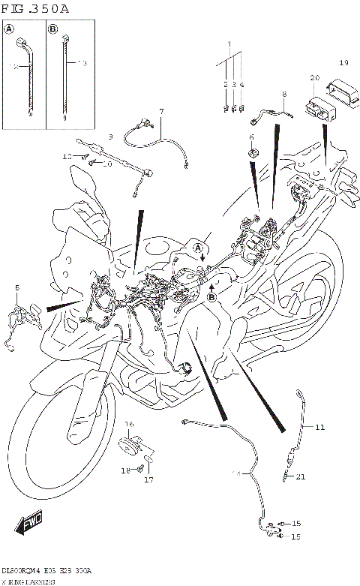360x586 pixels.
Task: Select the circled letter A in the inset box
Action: (10, 30)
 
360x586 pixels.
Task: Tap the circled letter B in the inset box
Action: (53, 30)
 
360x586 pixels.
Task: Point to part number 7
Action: (160, 112)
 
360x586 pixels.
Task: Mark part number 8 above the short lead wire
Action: (284, 95)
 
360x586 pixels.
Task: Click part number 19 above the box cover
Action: (343, 62)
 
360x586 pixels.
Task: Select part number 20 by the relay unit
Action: (314, 77)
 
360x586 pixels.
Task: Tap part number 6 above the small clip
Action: (251, 137)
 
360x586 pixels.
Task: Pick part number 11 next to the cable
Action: (320, 428)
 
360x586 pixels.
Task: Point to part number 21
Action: (301, 476)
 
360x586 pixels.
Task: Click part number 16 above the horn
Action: (129, 424)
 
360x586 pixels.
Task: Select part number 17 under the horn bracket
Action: (148, 479)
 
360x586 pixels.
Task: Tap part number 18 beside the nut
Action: (126, 470)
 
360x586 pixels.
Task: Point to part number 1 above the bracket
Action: (230, 44)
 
